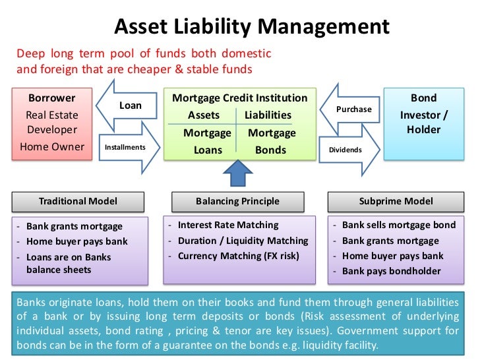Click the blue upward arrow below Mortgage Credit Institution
pyautogui.click(x=237, y=175)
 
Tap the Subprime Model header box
pyautogui.click(x=396, y=201)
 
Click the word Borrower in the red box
pyautogui.click(x=51, y=98)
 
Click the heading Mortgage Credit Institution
pyautogui.click(x=239, y=98)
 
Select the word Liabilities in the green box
pyautogui.click(x=268, y=115)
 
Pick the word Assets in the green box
pyautogui.click(x=204, y=115)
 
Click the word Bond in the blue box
pyautogui.click(x=423, y=98)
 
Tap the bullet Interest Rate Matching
pyautogui.click(x=228, y=225)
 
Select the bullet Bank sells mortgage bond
pyautogui.click(x=398, y=225)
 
